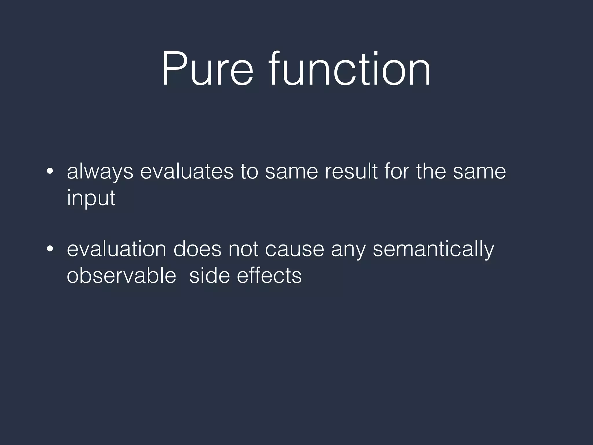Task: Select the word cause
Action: tap(294, 249)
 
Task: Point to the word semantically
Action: tap(433, 249)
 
